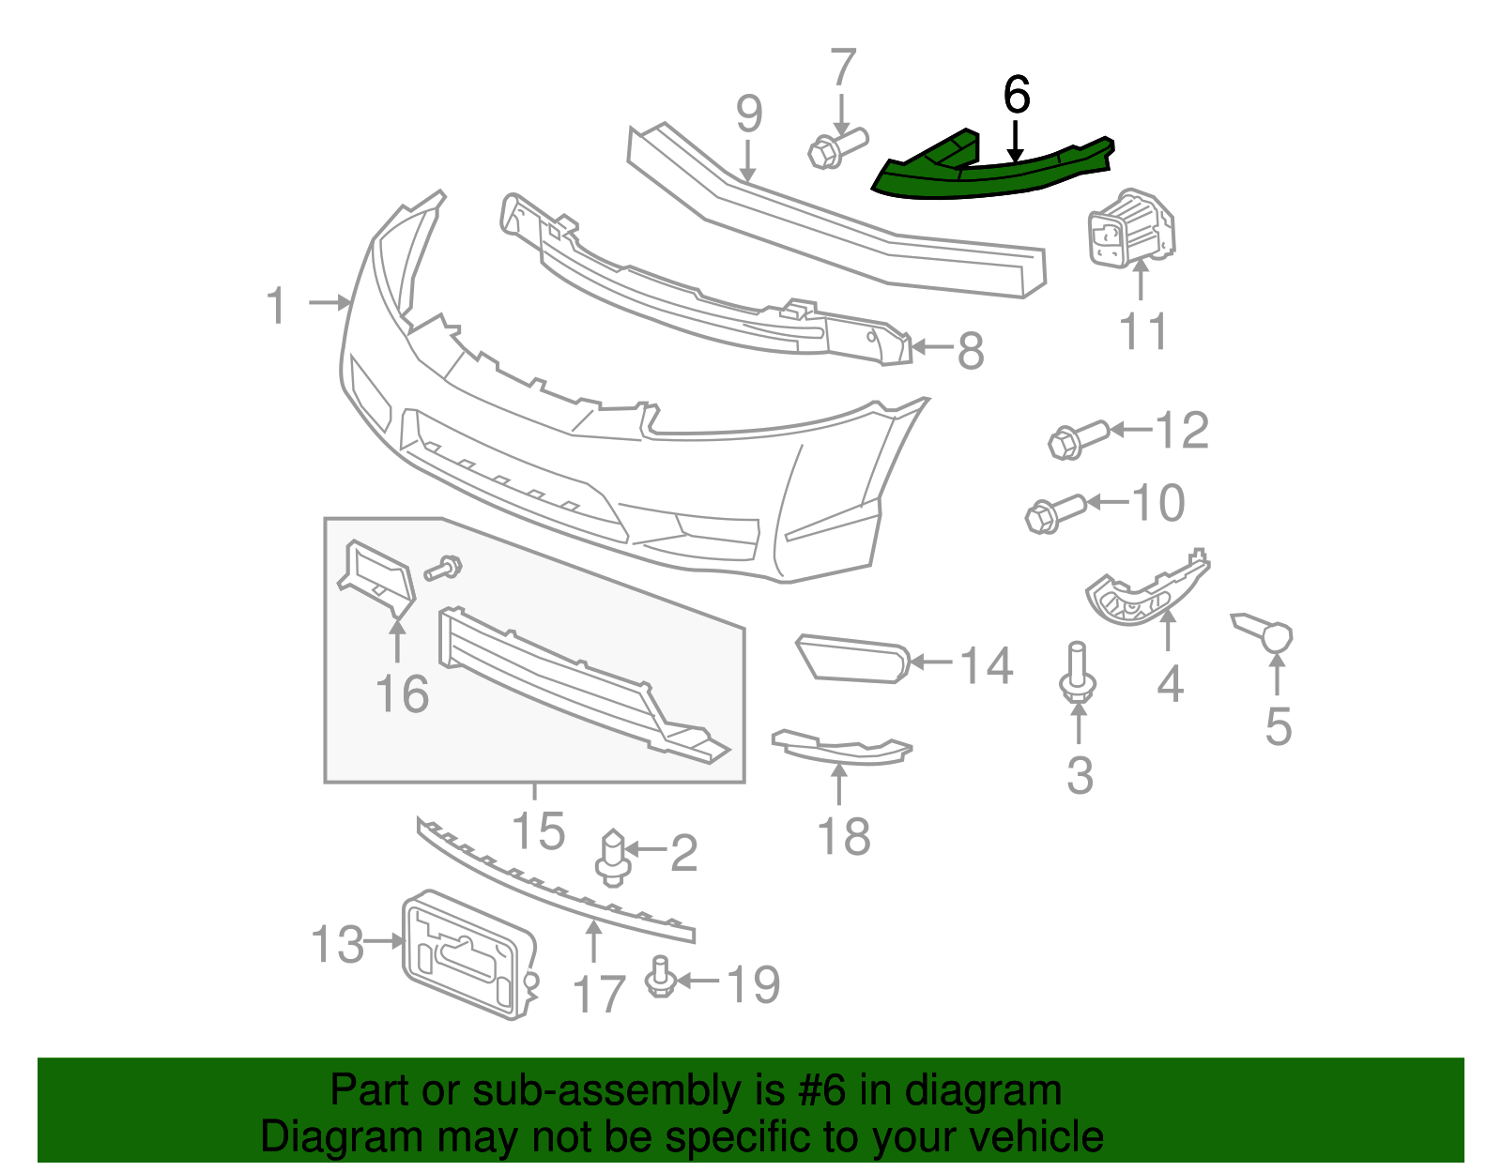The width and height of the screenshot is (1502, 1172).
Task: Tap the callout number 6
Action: coord(1016,96)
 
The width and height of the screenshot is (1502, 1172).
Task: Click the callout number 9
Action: coord(748,114)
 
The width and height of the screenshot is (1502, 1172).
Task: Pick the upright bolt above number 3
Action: coord(1078,674)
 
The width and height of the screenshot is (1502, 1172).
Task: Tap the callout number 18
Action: coord(844,836)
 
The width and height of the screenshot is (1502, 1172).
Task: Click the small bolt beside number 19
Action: coord(659,978)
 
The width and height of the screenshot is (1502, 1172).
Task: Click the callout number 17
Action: coord(598,994)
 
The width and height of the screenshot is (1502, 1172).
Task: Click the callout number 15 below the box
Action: coord(538,830)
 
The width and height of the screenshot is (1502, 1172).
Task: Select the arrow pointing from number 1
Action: coord(329,303)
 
